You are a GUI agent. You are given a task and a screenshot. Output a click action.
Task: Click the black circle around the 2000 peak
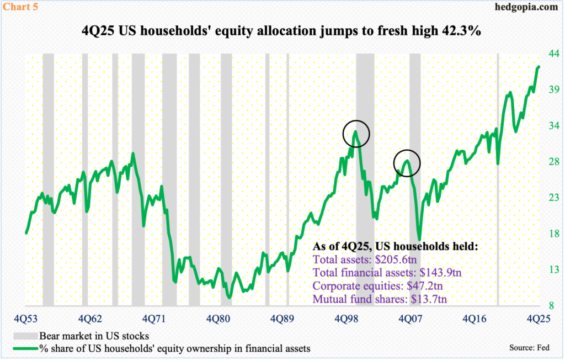coord(356,133)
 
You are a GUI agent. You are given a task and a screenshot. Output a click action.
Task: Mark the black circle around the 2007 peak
coord(407,163)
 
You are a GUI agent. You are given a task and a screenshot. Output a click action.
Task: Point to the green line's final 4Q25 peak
coord(539,66)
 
